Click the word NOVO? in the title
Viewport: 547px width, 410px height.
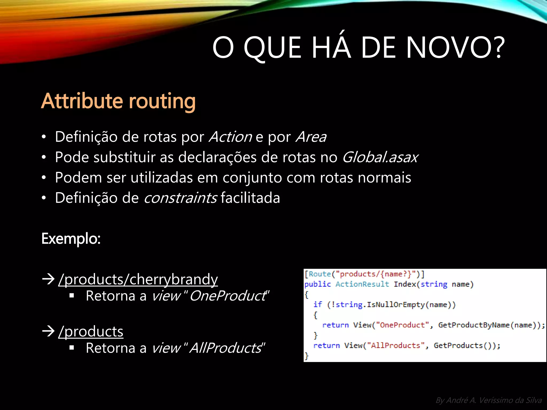(455, 48)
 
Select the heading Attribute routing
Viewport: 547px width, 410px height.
(118, 101)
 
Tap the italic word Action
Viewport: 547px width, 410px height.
(230, 137)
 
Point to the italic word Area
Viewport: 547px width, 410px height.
(311, 137)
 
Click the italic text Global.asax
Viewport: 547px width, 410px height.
(380, 157)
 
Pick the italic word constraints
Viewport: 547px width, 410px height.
(180, 198)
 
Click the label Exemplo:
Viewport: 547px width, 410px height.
(71, 238)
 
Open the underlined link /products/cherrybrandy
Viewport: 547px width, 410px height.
(138, 279)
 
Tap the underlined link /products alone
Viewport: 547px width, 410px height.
(91, 332)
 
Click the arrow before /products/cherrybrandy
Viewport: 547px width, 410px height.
(48, 279)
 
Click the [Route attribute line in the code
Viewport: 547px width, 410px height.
(364, 274)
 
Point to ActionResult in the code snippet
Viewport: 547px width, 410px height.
(362, 284)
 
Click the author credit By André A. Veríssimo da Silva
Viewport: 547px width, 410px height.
(489, 400)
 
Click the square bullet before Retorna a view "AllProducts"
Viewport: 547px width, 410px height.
(72, 348)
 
